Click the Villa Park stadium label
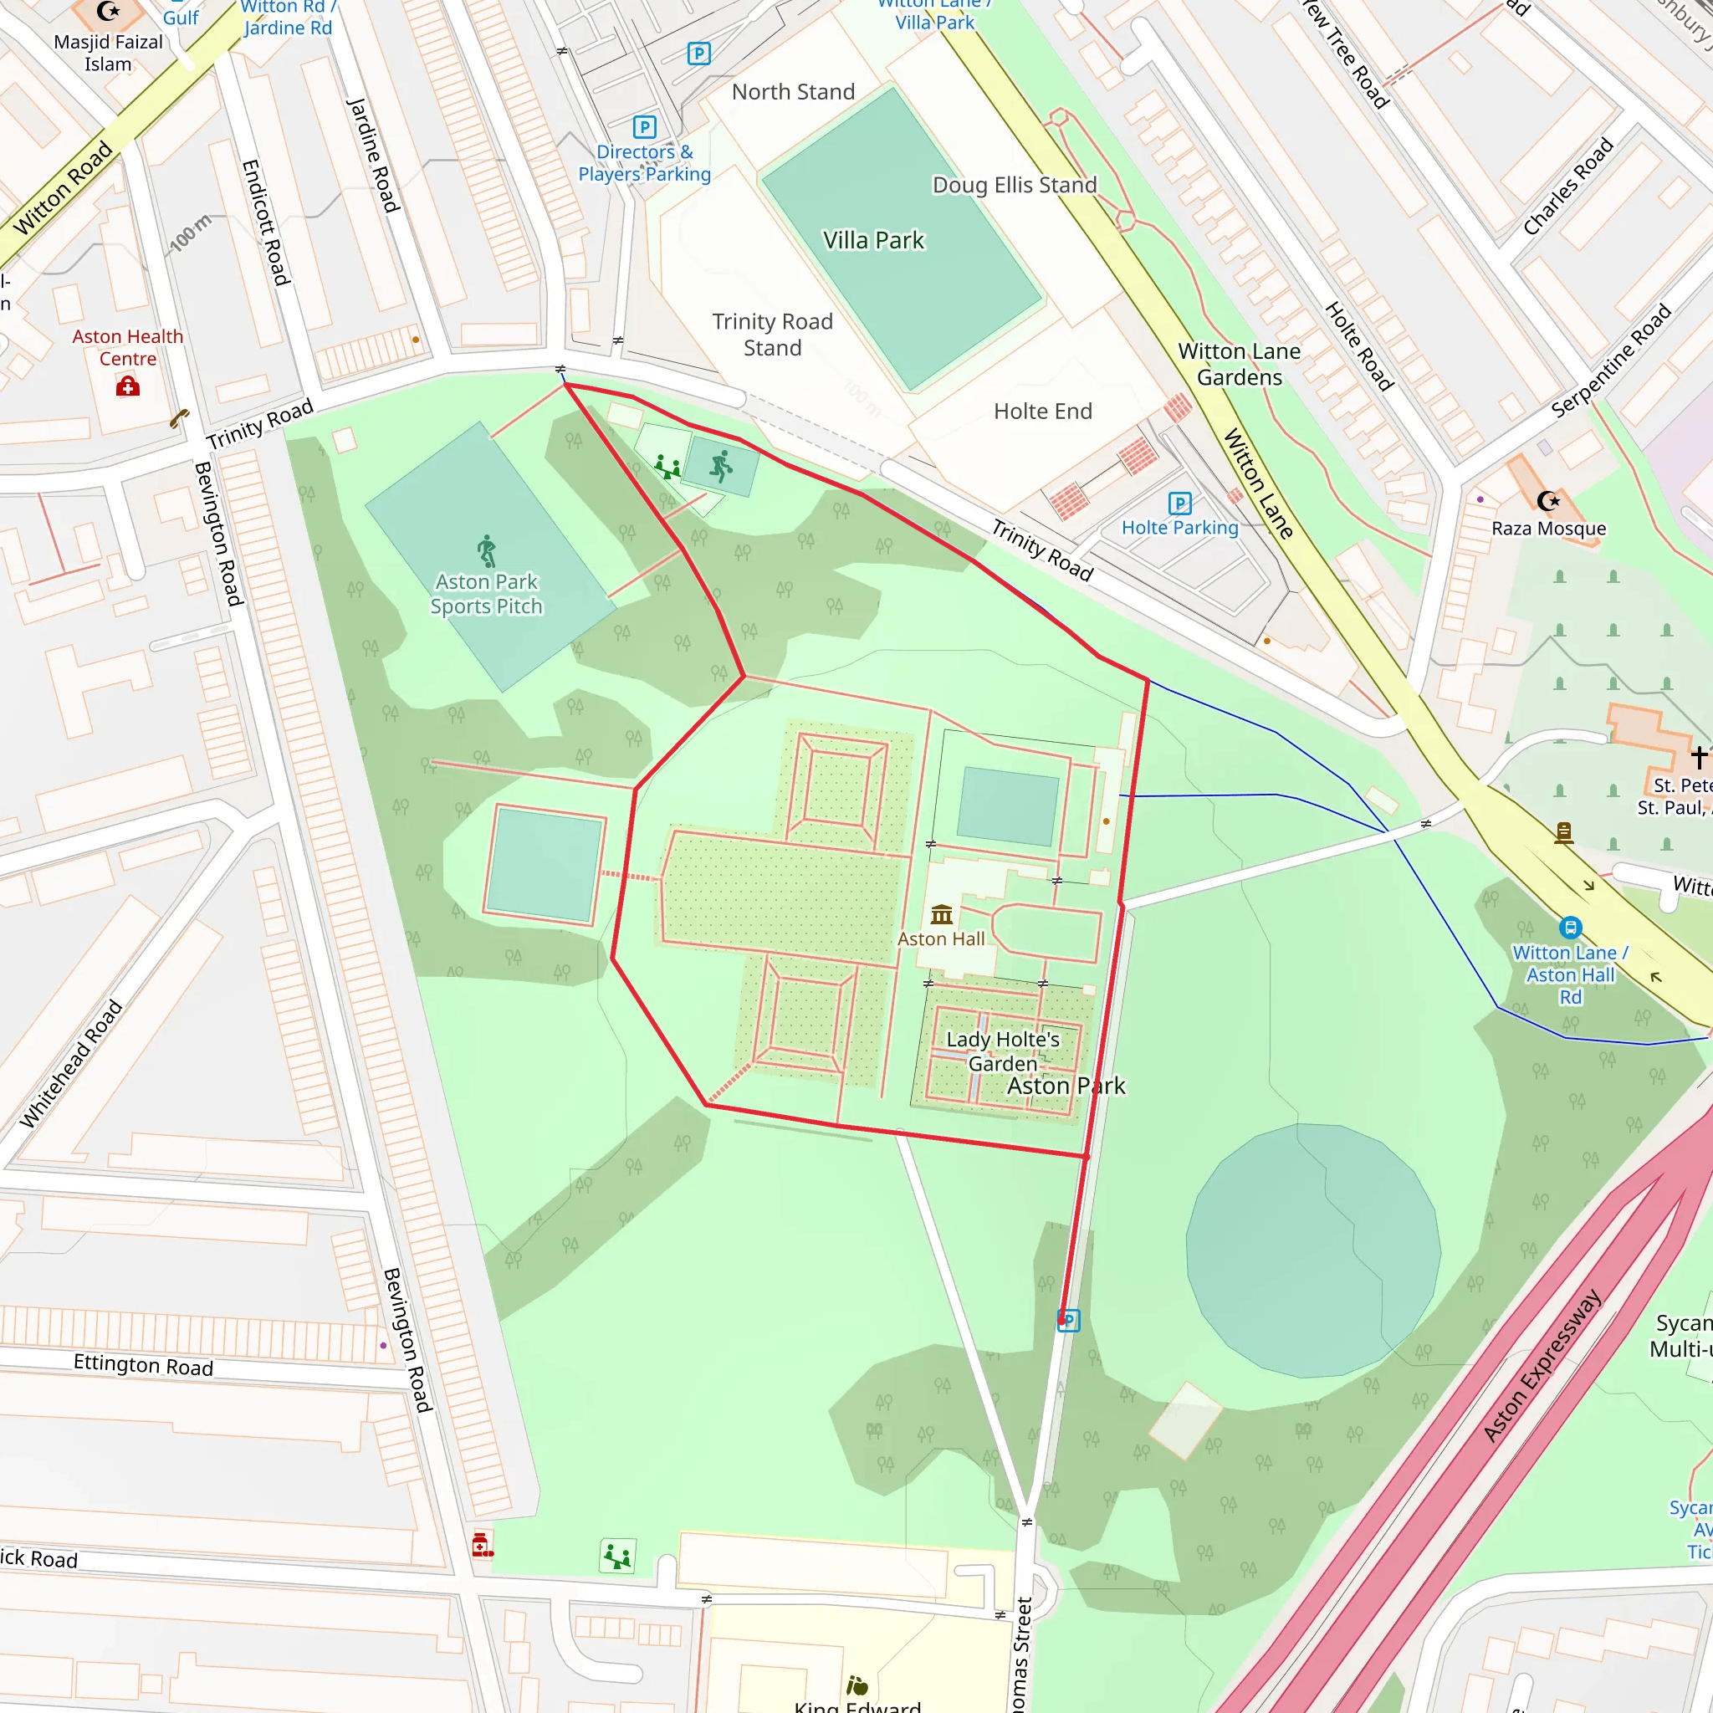pos(873,240)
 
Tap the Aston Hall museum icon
pos(942,913)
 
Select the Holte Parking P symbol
pos(1179,504)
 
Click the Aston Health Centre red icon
pos(128,386)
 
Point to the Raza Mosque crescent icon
pos(1548,501)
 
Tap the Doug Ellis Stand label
pos(1015,186)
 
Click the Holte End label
pos(1043,412)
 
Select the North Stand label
pos(793,92)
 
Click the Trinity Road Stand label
pos(772,335)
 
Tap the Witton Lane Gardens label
pos(1239,365)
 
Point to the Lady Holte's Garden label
pos(1002,1051)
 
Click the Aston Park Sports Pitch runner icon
pos(487,550)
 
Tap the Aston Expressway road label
pos(1542,1365)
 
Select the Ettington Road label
pos(143,1364)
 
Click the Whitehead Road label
pos(71,1063)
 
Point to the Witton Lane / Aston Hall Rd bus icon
pos(1570,928)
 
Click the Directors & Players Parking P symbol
pos(645,127)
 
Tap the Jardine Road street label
pos(372,156)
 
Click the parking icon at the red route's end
pos(1069,1320)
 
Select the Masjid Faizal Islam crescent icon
pos(107,12)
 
